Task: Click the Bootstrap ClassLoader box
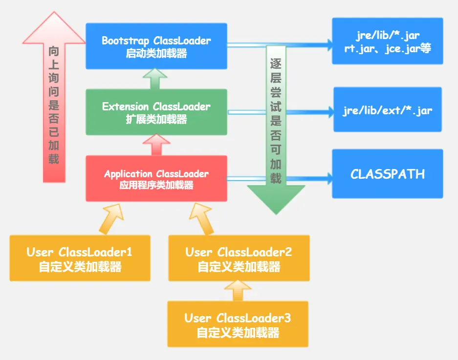coord(156,46)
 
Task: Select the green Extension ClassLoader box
coord(156,112)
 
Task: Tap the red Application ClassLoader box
coord(156,178)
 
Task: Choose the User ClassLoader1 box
coord(80,258)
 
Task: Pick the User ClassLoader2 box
coord(239,258)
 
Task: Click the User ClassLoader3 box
coord(238,324)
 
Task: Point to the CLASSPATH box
coord(388,174)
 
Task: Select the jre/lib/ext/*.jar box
coord(388,109)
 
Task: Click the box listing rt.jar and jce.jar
coord(388,41)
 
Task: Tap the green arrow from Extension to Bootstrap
coord(155,79)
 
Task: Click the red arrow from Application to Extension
coord(156,145)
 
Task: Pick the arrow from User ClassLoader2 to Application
coord(201,219)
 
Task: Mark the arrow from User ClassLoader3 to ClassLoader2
coord(238,291)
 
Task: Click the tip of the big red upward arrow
coord(54,12)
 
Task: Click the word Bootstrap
coord(125,41)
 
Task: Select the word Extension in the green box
coord(125,106)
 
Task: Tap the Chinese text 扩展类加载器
coord(156,119)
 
